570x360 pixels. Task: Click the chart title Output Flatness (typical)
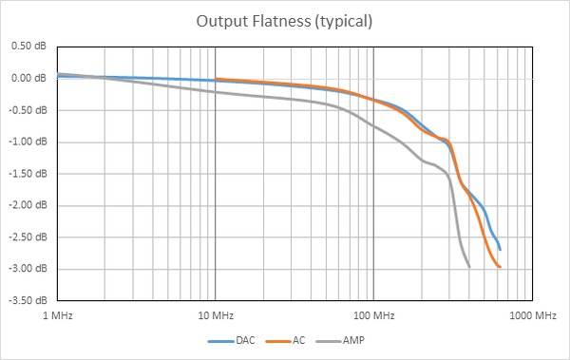pos(284,20)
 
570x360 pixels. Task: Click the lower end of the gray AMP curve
pos(469,267)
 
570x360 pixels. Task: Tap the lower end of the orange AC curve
pos(500,267)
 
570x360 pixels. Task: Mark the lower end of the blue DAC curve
pos(500,250)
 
